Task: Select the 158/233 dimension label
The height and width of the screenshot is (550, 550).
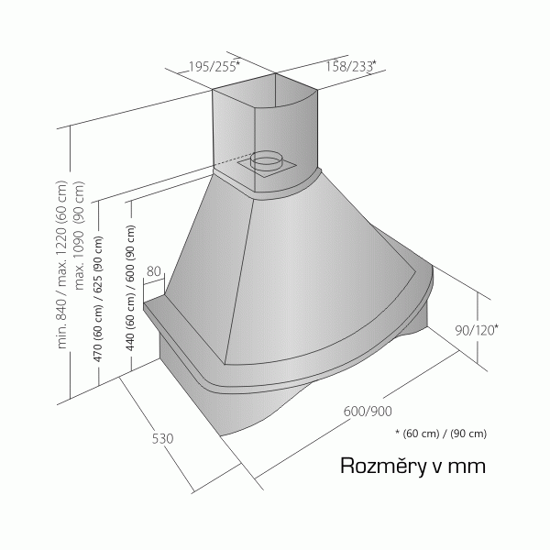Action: pyautogui.click(x=350, y=66)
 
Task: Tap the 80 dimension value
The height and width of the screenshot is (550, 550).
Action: pyautogui.click(x=154, y=271)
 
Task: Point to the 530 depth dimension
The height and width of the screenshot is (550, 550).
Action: pyautogui.click(x=162, y=438)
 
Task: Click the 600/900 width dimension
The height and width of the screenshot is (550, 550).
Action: pyautogui.click(x=368, y=411)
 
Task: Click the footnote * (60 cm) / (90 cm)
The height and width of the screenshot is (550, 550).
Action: pyautogui.click(x=441, y=434)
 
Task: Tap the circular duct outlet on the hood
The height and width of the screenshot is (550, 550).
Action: pyautogui.click(x=266, y=160)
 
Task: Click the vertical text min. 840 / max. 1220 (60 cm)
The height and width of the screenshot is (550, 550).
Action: pyautogui.click(x=61, y=265)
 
